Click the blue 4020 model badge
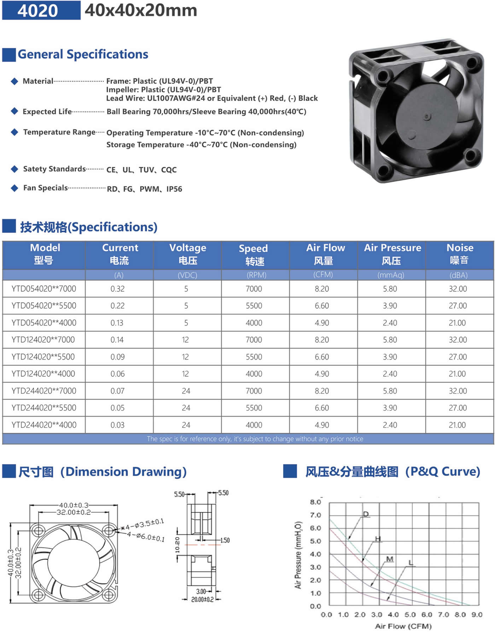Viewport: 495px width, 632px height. point(41,10)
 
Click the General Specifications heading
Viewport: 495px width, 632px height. point(83,54)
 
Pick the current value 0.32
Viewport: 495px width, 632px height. point(117,289)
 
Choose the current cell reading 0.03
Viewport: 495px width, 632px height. point(117,425)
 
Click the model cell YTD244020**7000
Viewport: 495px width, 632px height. point(43,391)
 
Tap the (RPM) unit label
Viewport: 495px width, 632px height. point(256,275)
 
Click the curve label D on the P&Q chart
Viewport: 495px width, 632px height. point(366,514)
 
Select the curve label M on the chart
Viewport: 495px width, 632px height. point(390,559)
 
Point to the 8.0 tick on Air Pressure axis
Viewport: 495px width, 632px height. point(315,502)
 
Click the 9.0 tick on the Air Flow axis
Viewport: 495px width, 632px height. point(477,615)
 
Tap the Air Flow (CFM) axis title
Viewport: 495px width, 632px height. point(403,626)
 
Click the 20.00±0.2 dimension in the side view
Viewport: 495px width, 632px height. point(202,599)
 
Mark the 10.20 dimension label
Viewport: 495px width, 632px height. point(177,545)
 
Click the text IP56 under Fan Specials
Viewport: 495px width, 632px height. point(174,189)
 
